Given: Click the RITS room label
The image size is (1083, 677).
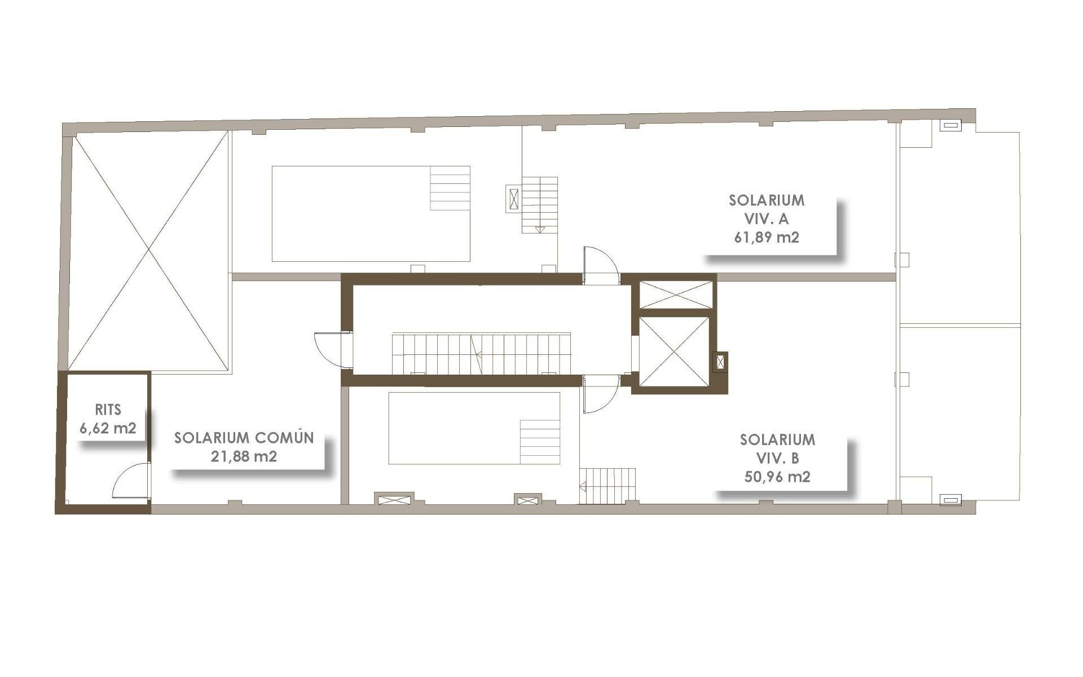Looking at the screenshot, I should click(x=108, y=410).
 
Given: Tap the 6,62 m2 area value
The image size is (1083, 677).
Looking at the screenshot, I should click(x=108, y=428).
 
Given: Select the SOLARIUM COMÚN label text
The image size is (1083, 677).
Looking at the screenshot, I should click(x=244, y=438).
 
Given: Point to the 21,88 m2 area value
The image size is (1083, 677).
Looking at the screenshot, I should click(x=244, y=456).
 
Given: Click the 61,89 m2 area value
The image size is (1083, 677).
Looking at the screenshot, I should click(x=767, y=237).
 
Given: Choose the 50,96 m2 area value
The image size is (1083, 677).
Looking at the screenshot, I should click(x=777, y=477).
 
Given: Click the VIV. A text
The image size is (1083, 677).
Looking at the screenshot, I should click(x=767, y=218).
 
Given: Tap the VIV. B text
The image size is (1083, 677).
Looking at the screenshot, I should click(x=777, y=458).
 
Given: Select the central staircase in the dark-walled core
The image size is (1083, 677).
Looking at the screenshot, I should click(x=481, y=353).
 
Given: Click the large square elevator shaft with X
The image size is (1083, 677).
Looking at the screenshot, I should click(x=673, y=351).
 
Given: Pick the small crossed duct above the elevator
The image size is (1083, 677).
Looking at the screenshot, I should click(x=676, y=294).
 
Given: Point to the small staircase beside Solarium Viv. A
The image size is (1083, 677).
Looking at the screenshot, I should click(x=540, y=204).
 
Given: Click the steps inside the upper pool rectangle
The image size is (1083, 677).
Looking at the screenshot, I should click(x=450, y=188).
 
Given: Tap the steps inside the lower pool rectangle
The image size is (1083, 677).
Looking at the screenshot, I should click(x=540, y=441).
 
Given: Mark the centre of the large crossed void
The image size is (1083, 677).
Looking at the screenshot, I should click(x=149, y=250).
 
